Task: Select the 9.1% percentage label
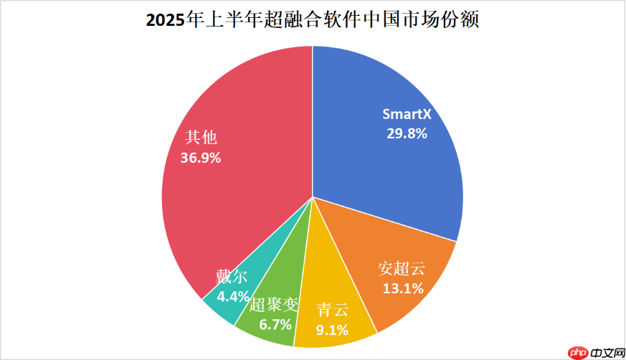click(332, 330)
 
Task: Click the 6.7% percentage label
click(275, 324)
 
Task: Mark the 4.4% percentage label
click(233, 295)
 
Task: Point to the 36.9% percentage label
click(201, 157)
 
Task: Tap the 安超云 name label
click(402, 270)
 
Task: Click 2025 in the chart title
click(166, 21)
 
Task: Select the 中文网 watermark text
click(606, 352)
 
